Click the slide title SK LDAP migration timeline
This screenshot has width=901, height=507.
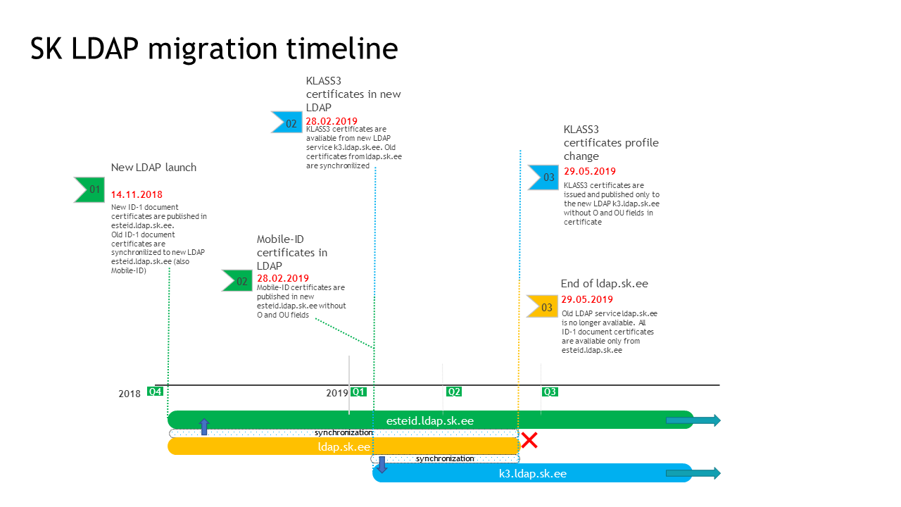point(214,49)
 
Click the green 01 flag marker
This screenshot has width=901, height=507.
point(89,189)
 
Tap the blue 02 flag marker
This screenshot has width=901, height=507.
point(286,123)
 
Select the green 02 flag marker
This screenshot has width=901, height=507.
point(237,281)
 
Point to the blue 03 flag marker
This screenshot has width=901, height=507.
point(543,177)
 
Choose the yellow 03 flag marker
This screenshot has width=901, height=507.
point(542,306)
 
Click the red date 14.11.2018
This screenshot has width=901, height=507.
point(137,195)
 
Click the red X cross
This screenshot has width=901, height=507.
point(529,440)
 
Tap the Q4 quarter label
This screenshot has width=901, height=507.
point(155,392)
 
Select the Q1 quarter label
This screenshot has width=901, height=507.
point(358,392)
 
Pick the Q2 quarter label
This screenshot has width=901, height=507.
point(454,392)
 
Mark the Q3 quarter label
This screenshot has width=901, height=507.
point(550,392)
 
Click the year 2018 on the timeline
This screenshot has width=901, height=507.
point(129,394)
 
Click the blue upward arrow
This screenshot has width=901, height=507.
point(204,427)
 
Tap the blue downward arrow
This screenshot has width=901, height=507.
point(382,464)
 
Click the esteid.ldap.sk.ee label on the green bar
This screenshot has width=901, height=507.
point(430,421)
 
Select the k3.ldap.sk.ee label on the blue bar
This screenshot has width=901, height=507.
point(533,474)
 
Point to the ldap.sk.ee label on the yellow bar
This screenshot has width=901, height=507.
point(344,447)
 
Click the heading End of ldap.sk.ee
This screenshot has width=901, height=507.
point(605,284)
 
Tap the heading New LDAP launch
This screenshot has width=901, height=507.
point(153,168)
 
